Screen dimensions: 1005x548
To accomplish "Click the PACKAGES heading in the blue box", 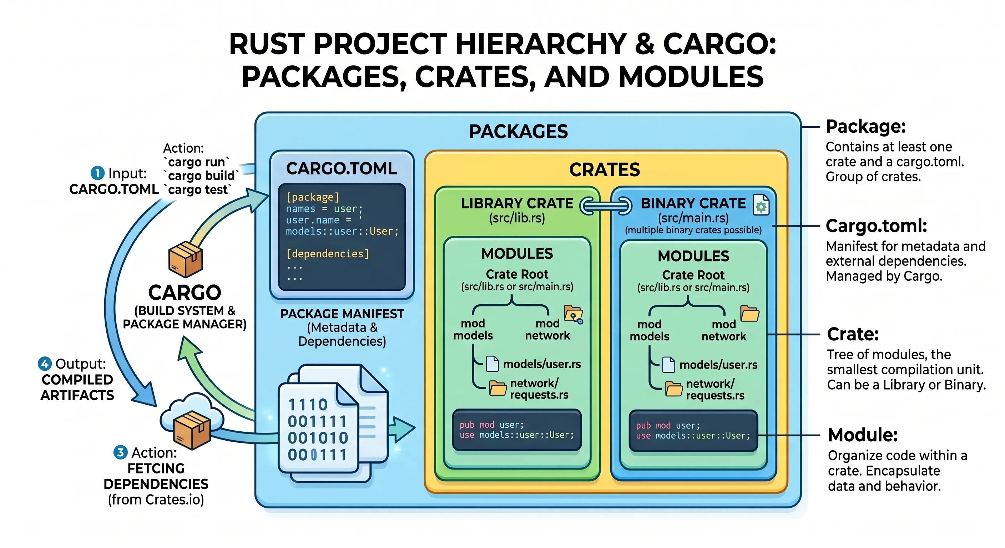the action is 518,131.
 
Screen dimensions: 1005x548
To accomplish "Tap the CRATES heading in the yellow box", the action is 604,170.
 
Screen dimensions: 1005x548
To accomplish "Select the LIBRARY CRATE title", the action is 517,203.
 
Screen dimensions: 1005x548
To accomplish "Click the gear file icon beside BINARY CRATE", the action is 761,205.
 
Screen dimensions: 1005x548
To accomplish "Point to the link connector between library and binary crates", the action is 606,206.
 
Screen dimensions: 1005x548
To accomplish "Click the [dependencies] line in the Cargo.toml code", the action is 327,254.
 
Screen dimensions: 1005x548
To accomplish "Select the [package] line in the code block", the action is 313,197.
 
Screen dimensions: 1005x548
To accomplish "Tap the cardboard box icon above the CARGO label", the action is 186,259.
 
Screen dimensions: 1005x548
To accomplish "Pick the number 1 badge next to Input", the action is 97,173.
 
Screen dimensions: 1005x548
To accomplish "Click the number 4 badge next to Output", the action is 45,364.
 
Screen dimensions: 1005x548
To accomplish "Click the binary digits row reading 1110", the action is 308,405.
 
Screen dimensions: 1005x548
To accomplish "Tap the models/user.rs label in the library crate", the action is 542,364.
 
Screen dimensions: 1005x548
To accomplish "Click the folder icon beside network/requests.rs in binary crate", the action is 674,389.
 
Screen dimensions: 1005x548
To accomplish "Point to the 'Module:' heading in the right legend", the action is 863,435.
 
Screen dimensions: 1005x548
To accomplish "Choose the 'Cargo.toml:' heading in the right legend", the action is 876,226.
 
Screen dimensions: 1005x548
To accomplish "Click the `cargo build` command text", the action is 201,176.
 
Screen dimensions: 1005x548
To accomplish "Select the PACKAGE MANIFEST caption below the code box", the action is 342,314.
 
